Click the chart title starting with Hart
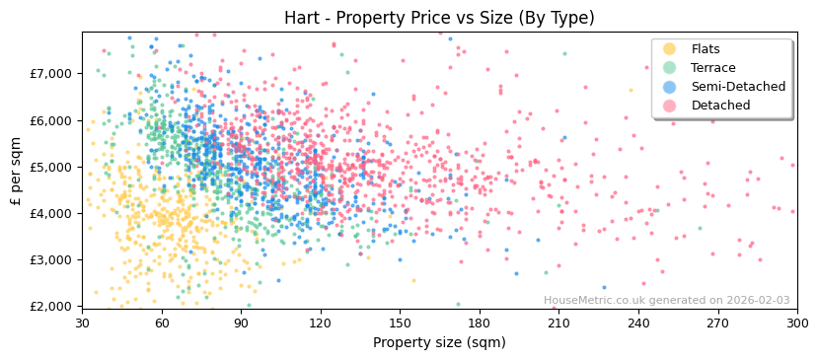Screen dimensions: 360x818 [439, 18]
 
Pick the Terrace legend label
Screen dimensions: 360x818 [715, 68]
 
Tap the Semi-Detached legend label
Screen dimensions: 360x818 [738, 87]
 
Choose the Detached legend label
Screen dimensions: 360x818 [720, 106]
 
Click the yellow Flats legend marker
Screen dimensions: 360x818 [670, 49]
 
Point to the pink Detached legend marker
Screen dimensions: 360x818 [670, 106]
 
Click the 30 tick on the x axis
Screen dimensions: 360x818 [82, 324]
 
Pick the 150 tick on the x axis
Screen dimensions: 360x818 [400, 324]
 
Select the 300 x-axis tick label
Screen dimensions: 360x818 [796, 324]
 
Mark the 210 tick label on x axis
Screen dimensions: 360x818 [558, 324]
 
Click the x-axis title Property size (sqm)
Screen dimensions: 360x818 [439, 343]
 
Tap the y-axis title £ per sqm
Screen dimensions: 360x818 [17, 171]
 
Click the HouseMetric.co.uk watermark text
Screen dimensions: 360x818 [666, 301]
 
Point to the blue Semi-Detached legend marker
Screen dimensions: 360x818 [670, 87]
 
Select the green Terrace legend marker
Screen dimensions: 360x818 [670, 68]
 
